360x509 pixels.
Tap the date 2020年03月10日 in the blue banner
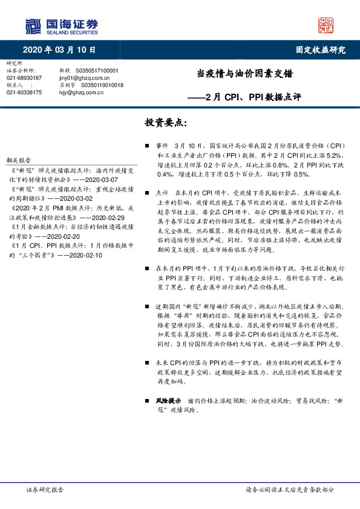pos(59,50)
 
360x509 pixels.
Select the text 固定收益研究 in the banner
pos(321,50)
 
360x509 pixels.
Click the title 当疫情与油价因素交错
pos(245,74)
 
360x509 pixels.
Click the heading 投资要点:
pos(166,123)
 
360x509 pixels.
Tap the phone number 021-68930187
pos(24,78)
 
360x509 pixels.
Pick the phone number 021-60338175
pos(24,92)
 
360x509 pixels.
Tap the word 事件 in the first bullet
pos(162,146)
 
